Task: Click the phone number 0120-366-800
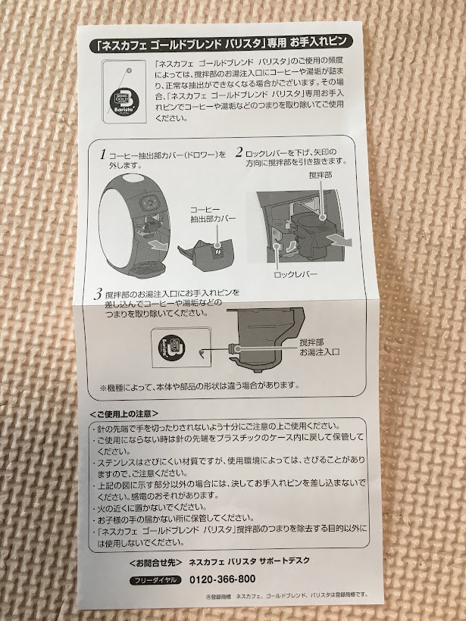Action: pyautogui.click(x=222, y=579)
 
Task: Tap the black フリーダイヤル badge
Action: pyautogui.click(x=155, y=580)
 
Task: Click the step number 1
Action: pyautogui.click(x=103, y=154)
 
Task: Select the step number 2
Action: pyautogui.click(x=239, y=152)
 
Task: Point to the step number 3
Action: pyautogui.click(x=99, y=295)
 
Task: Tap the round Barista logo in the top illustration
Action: pyautogui.click(x=125, y=101)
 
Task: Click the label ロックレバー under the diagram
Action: pyautogui.click(x=296, y=274)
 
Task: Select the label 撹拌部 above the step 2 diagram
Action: pyautogui.click(x=321, y=175)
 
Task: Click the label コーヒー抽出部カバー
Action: pyautogui.click(x=213, y=214)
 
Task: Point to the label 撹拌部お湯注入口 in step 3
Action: pyautogui.click(x=320, y=347)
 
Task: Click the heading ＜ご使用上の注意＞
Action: pyautogui.click(x=124, y=413)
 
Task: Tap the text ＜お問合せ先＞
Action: pyautogui.click(x=156, y=563)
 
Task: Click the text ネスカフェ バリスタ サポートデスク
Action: pyautogui.click(x=249, y=561)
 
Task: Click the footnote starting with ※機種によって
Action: pyautogui.click(x=199, y=385)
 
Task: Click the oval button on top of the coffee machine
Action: pyautogui.click(x=133, y=179)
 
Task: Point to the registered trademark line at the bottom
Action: pyautogui.click(x=287, y=594)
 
